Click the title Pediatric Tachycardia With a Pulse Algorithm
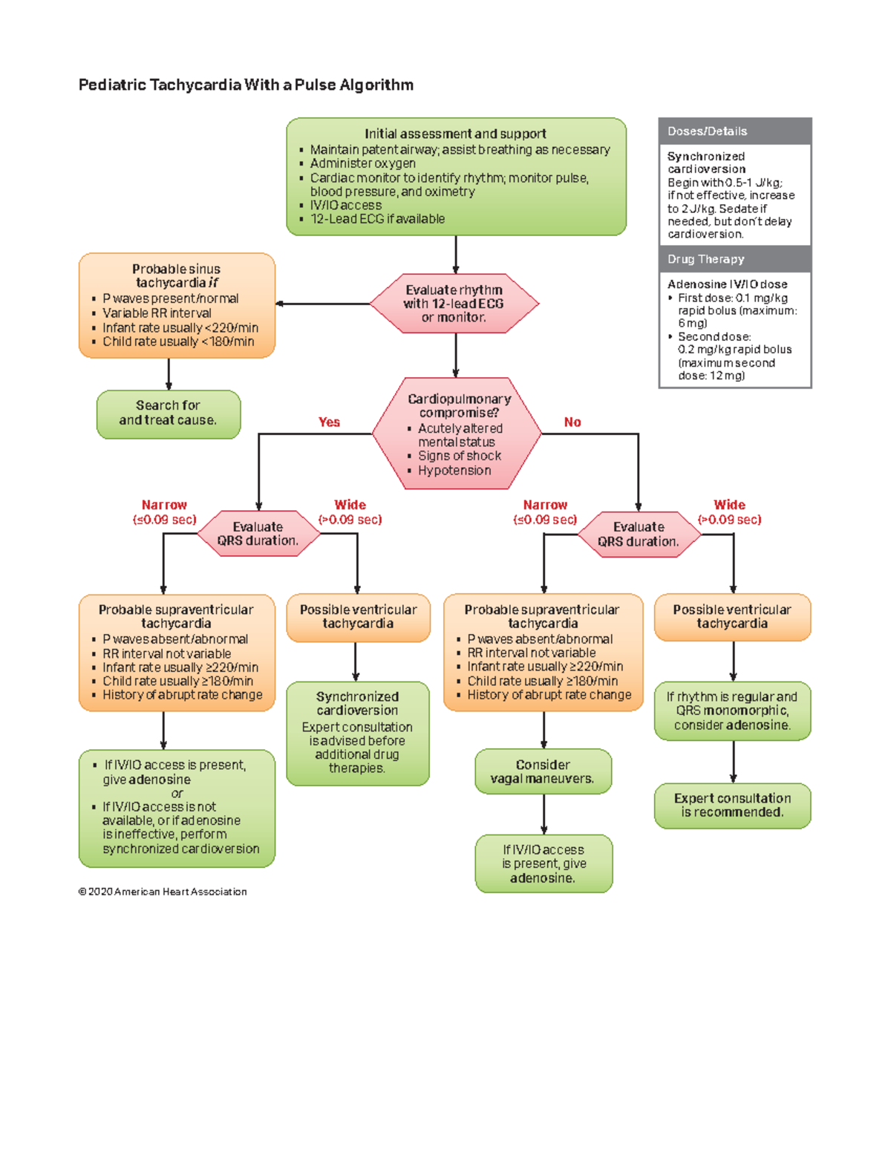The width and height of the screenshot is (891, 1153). click(246, 85)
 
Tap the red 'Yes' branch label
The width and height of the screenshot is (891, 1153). click(329, 422)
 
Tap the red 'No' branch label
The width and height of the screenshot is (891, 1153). click(572, 422)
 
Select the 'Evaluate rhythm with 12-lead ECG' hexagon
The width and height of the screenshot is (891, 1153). click(454, 303)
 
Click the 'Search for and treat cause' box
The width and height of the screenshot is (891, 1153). click(169, 413)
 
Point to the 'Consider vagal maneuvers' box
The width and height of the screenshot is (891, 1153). click(543, 771)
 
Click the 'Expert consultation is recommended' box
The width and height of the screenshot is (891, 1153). click(732, 805)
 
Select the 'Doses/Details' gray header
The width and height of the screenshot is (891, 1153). click(734, 131)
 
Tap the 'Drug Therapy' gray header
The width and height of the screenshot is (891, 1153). click(734, 259)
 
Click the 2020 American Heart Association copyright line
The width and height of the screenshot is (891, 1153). click(163, 892)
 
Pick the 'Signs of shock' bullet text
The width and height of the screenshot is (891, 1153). click(459, 456)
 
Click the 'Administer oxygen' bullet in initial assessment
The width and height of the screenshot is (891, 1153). click(362, 163)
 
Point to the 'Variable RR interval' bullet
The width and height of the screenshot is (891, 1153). click(157, 313)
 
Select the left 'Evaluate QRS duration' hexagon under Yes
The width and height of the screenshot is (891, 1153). click(258, 534)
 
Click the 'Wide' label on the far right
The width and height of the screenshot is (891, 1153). click(729, 505)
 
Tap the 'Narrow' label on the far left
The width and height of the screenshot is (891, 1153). click(164, 505)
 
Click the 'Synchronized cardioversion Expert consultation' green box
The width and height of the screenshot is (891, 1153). click(357, 732)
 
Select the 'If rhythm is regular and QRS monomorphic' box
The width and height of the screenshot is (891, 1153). click(732, 711)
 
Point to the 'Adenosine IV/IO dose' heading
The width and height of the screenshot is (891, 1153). click(727, 284)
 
